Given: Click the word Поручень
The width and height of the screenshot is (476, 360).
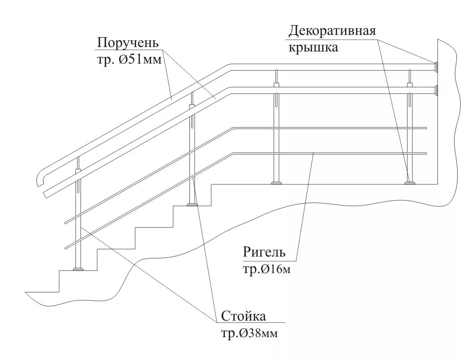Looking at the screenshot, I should [x=128, y=43].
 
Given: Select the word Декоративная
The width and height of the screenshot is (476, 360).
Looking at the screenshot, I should [x=331, y=31].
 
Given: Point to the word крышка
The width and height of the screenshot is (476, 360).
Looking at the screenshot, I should [x=313, y=47].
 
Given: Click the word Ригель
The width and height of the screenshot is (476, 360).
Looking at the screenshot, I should [x=264, y=252].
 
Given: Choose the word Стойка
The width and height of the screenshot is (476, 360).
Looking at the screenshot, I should [x=243, y=316].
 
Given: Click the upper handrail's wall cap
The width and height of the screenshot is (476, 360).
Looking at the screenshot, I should [x=435, y=67].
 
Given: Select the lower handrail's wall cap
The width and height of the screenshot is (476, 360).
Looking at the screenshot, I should [x=435, y=91].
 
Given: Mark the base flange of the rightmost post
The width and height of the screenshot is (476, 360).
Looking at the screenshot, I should [x=409, y=182].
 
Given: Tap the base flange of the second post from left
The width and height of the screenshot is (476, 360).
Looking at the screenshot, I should [x=192, y=204].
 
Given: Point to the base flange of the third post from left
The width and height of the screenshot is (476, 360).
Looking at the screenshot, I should [x=277, y=182].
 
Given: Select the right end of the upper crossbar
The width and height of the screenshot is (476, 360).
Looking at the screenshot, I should [x=425, y=129].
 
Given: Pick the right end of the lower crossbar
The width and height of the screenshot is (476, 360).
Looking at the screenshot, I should [x=425, y=154].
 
